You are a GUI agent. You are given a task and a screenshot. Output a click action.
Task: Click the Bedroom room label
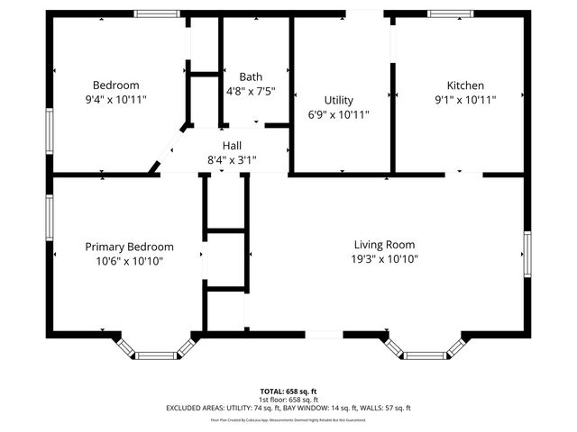[115, 85]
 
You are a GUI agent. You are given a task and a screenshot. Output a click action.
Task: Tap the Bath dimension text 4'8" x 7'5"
[251, 91]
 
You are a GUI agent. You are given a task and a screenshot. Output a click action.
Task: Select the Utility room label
[339, 100]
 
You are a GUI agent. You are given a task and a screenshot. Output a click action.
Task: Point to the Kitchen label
[466, 85]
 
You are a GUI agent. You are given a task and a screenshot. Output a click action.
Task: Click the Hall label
[232, 145]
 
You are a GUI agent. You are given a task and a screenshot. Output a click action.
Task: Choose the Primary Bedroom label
[129, 246]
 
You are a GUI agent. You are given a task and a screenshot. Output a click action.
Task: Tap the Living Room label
[384, 244]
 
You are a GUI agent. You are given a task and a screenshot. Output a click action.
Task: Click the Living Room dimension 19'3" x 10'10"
[385, 259]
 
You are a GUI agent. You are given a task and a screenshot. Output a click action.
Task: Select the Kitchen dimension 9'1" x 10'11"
[466, 100]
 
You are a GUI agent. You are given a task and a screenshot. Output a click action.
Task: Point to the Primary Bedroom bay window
[155, 355]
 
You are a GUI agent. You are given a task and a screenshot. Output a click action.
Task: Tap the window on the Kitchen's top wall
[443, 13]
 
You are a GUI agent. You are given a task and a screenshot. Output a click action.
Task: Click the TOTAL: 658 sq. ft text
[288, 391]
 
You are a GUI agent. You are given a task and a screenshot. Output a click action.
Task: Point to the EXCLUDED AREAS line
[288, 408]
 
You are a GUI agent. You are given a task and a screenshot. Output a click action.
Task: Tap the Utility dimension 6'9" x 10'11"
[339, 115]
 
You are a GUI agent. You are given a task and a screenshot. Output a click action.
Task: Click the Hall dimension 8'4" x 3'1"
[232, 160]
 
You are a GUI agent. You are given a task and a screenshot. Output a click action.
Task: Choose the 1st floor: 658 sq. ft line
[288, 400]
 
